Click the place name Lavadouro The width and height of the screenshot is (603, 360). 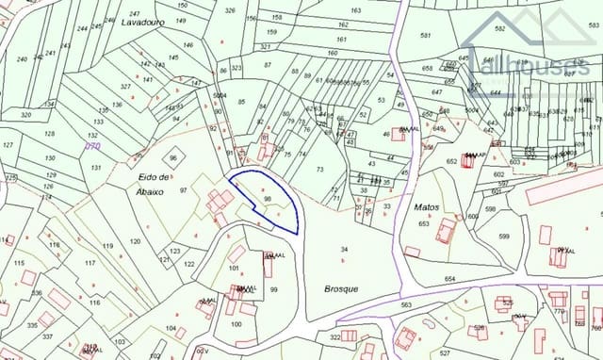coord(143,22)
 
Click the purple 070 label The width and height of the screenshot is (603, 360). coord(92,147)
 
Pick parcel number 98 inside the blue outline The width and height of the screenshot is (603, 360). coord(269,199)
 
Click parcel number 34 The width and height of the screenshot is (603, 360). coord(344,249)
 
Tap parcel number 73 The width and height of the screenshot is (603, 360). coord(319,169)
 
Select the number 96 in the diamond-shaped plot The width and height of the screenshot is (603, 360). coord(173,158)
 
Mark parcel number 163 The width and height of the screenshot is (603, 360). coord(355,10)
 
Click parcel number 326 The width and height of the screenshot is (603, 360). coord(231,10)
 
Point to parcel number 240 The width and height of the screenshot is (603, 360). coord(22,58)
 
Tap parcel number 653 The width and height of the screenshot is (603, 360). coord(423,223)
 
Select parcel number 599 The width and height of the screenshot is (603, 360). coord(504,237)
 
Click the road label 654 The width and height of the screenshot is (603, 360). coord(450,279)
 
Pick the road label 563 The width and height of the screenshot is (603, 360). coord(406,305)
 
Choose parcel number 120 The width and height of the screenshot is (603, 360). coord(135,242)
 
